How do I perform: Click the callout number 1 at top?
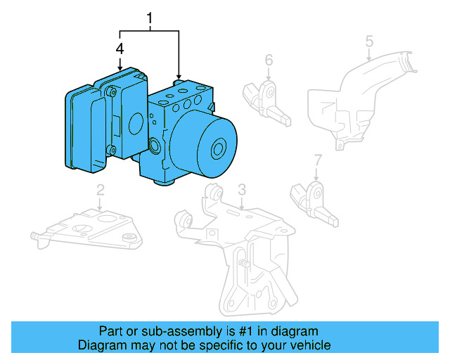pos(149,17)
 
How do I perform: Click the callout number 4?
pos(120,49)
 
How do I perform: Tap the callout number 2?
pos(101,189)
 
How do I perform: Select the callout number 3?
pos(241,188)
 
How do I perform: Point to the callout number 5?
pos(369,43)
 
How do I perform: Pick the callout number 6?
pos(269,60)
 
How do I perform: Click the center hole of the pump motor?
pos(218,148)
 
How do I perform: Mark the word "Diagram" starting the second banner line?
pos(99,345)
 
